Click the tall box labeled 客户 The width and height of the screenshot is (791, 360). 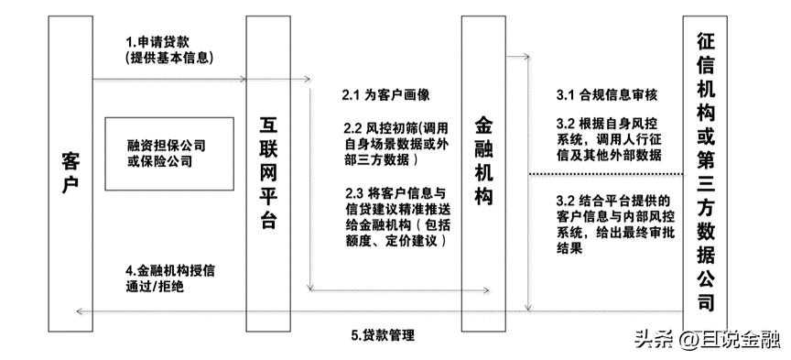[70, 170]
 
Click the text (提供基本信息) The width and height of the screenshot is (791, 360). [169, 58]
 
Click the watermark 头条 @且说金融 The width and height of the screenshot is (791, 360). [706, 339]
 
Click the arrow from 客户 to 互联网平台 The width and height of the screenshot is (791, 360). [169, 80]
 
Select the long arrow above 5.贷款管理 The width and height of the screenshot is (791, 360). [302, 313]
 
